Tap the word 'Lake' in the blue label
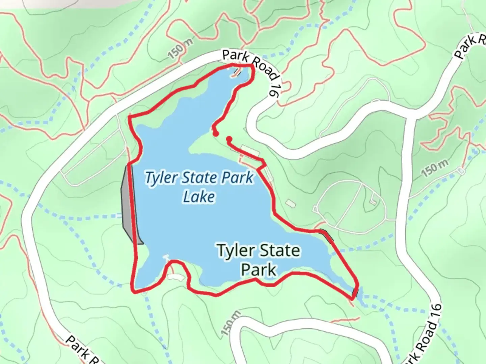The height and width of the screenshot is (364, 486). coord(199,196)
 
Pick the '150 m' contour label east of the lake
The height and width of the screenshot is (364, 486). coord(435,168)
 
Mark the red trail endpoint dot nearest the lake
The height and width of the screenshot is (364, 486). coord(215,134)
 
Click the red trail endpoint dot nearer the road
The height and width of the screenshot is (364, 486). coord(229,139)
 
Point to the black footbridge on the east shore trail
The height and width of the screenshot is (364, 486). coord(327,235)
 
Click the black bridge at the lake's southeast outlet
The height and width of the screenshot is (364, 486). coord(355,292)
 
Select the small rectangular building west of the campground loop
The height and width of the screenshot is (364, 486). coord(290,203)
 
